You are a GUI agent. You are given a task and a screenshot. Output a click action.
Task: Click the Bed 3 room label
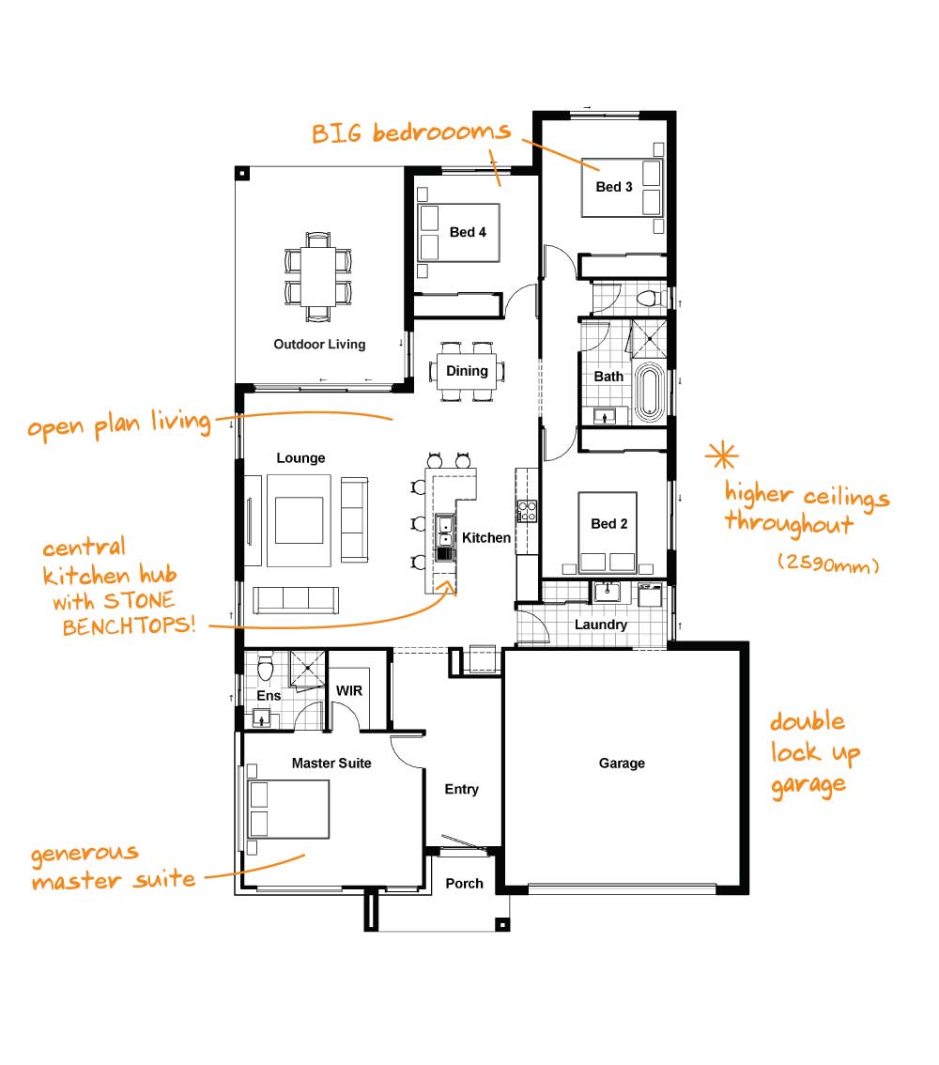[614, 187]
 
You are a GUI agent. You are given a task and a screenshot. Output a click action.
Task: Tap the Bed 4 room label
[468, 232]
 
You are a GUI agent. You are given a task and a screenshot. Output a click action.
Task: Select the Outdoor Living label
[319, 345]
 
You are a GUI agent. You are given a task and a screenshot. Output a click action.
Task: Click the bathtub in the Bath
[650, 394]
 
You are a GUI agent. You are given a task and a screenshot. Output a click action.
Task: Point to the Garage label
[622, 764]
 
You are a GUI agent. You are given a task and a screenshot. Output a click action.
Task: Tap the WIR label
[349, 691]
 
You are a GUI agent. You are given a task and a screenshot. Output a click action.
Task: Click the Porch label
[465, 884]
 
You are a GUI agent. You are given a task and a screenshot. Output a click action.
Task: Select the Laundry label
[601, 625]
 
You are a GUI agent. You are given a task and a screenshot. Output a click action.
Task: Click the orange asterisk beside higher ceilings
[721, 455]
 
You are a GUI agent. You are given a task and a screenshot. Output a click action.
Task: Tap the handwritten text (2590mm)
[828, 563]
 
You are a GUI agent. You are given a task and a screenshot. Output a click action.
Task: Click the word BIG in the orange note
[337, 133]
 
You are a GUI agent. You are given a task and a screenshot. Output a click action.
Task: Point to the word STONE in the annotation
[139, 600]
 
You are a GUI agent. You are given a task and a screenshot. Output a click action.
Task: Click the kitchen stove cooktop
[528, 511]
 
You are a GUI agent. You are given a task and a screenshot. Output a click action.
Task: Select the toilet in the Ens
[266, 667]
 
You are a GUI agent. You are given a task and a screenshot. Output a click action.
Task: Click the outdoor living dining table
[318, 276]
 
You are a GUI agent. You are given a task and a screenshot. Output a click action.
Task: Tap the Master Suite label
[331, 764]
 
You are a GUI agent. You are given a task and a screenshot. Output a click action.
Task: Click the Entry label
[462, 789]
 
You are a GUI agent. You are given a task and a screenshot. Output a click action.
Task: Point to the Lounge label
[300, 458]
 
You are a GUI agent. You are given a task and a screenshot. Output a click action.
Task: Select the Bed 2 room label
[609, 524]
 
